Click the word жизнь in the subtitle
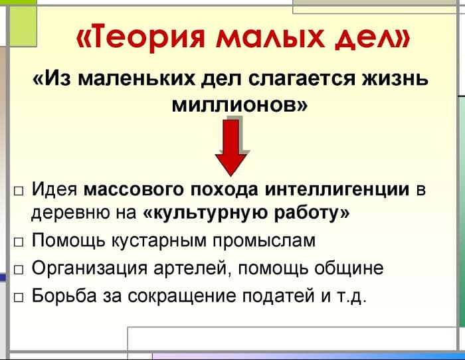392,80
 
